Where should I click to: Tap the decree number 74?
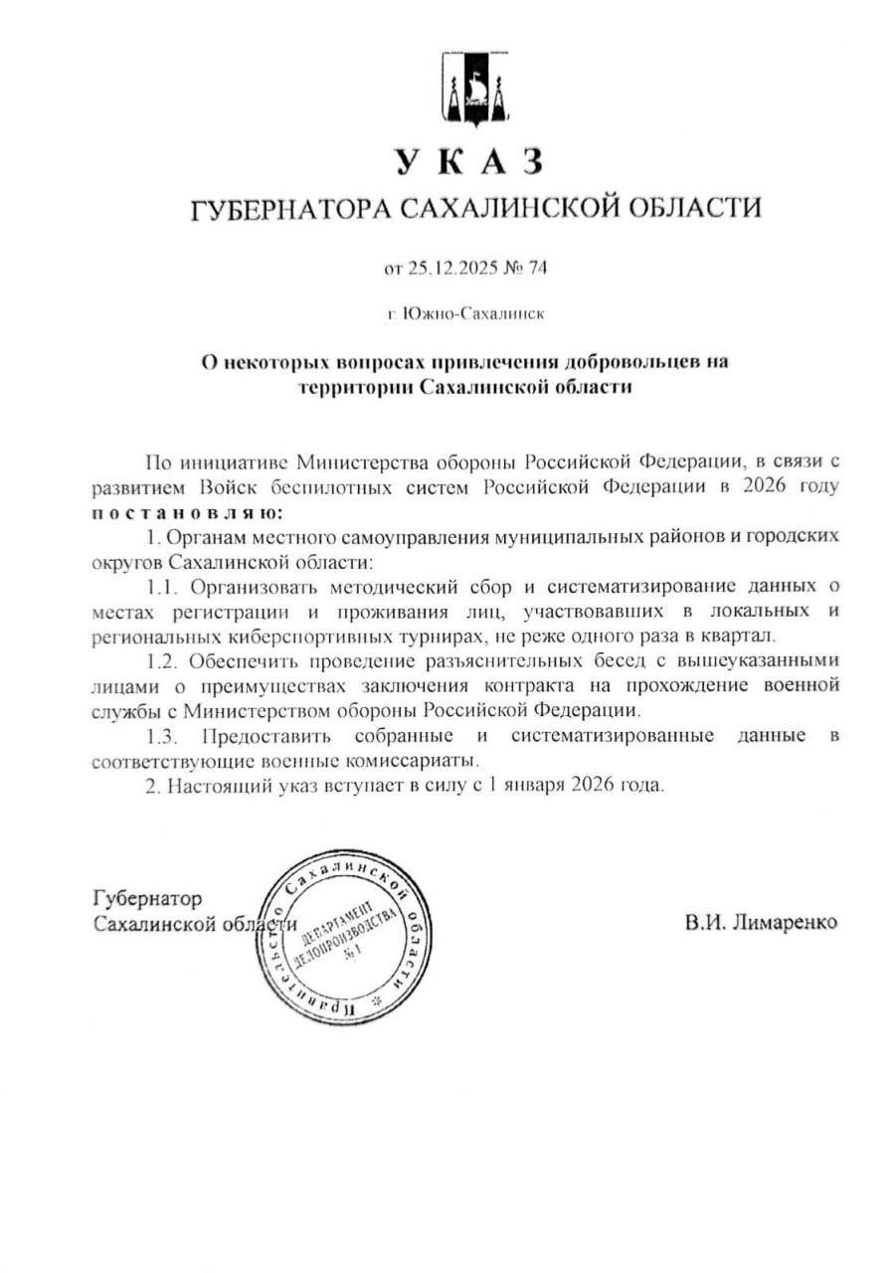(x=539, y=268)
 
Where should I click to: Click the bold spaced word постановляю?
(x=186, y=513)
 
